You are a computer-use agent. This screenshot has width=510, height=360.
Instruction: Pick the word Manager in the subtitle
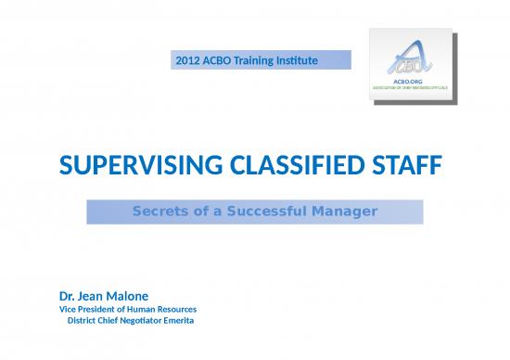coord(342,212)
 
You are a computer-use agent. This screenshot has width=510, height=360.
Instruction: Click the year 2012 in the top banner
coord(187,61)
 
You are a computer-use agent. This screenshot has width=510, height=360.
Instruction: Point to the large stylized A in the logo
coord(402,58)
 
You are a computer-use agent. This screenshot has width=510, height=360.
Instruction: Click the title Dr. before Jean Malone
coord(69,297)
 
